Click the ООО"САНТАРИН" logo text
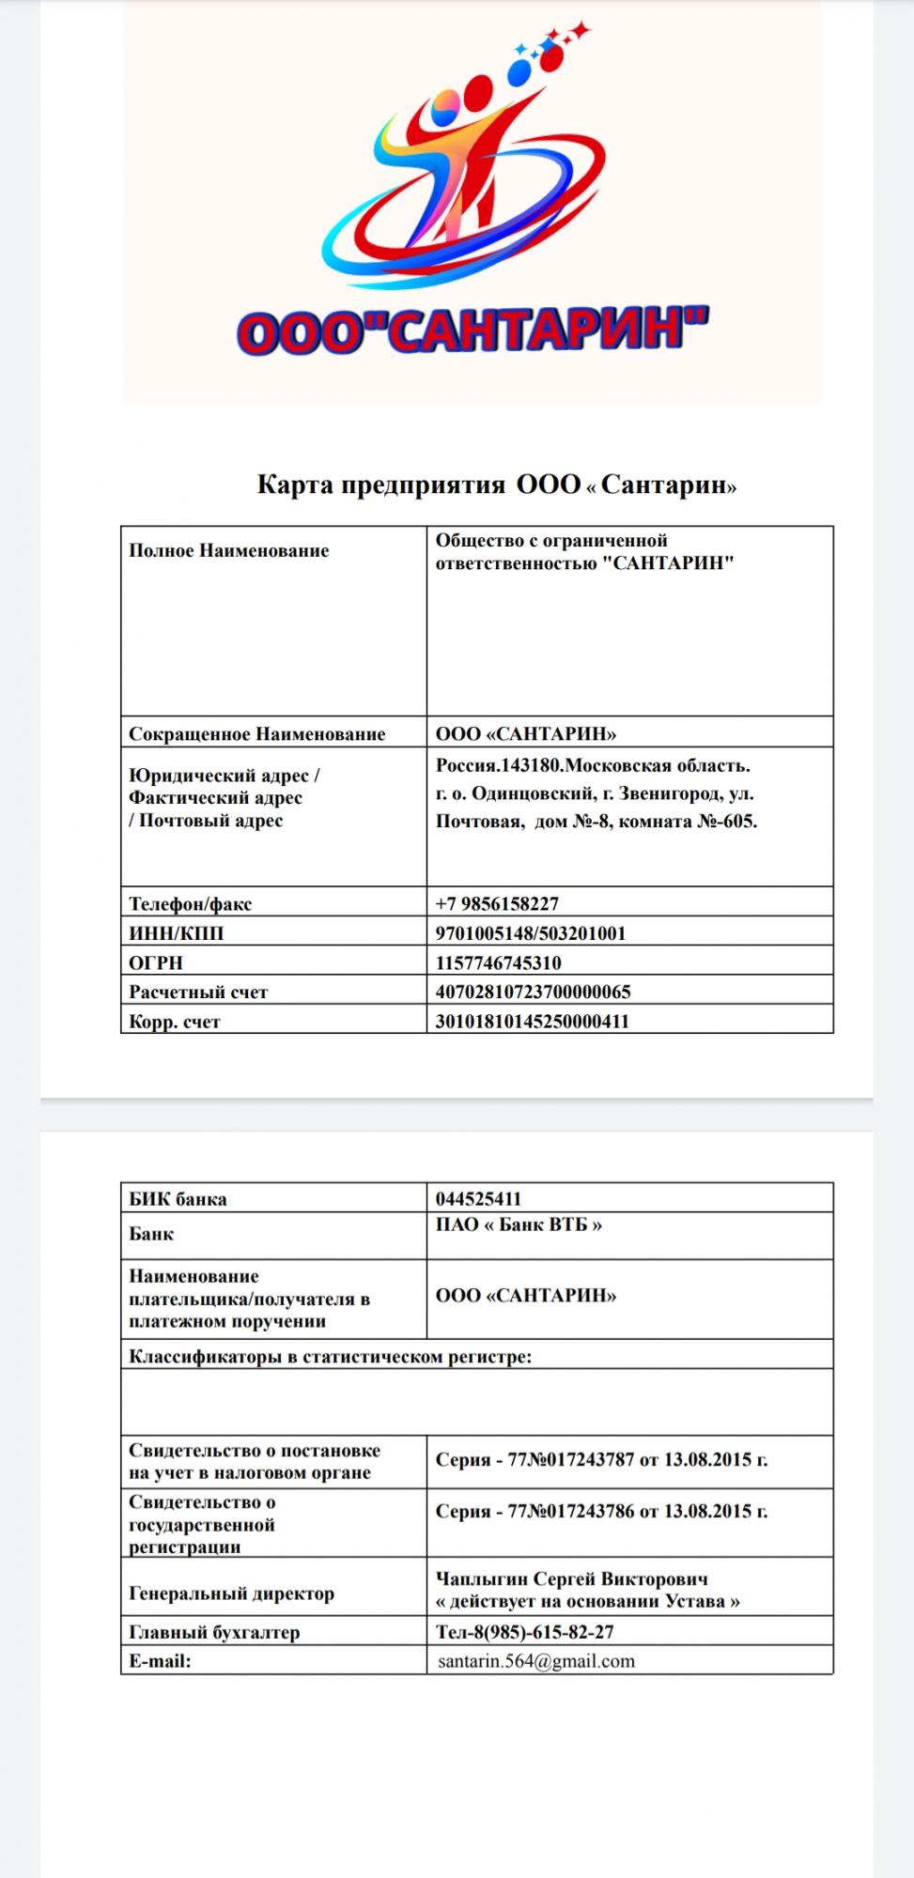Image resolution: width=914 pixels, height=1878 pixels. pos(472,330)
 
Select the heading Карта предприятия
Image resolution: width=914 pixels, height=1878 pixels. pos(380,485)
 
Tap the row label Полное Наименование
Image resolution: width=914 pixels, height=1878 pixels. pos(229,551)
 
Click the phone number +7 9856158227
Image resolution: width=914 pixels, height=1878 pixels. pos(497,904)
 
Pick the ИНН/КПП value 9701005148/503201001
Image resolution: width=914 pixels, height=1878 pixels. pos(531,933)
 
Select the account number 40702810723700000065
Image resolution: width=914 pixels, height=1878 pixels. pos(533,992)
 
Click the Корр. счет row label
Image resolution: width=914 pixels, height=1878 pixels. pos(175,1022)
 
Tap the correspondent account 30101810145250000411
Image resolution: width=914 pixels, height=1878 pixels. pos(532,1022)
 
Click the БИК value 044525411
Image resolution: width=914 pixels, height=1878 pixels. pos(478,1199)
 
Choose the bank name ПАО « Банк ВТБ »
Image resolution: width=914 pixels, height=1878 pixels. pos(519,1224)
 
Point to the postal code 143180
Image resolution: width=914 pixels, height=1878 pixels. pos(534,766)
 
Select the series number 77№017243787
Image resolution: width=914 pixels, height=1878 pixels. pos(571,1460)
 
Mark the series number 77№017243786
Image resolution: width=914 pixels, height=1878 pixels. pos(571,1511)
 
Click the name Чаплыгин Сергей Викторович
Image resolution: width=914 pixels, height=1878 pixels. pos(572,1578)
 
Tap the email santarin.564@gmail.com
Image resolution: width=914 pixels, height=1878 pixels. pos(536,1660)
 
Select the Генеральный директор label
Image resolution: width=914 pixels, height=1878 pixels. pos(231,1593)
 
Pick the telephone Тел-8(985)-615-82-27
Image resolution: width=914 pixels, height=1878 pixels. pos(525,1632)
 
